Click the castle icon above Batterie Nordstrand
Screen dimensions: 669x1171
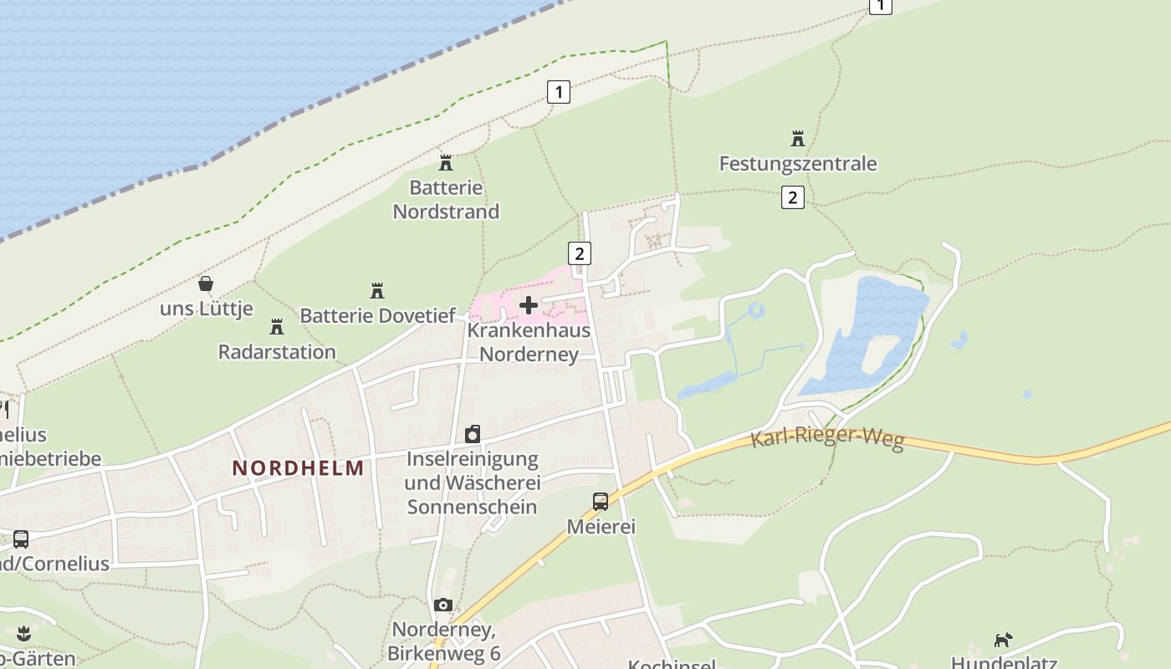pos(446,162)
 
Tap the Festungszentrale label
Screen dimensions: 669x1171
pos(798,163)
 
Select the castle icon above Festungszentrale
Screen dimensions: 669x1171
pos(798,138)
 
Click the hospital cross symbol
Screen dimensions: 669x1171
pos(529,305)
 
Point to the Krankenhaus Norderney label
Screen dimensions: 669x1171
pos(529,342)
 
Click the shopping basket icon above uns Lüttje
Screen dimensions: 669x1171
pos(206,283)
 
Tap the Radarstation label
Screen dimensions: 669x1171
pos(277,351)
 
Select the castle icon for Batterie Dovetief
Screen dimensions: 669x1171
pos(377,291)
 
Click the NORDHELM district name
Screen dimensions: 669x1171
pos(299,467)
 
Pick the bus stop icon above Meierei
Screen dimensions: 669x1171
pos(601,502)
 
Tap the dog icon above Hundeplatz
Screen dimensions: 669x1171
pos(1002,641)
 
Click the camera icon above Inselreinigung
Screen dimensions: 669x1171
pos(473,434)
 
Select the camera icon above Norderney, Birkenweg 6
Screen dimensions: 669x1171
pos(443,605)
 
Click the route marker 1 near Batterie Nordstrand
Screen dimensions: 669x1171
pos(558,91)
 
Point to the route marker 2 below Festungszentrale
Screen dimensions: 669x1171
pos(792,197)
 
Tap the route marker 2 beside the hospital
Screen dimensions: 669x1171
pos(579,253)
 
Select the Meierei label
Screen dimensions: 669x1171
pos(601,527)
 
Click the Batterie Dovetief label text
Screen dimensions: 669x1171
pos(377,316)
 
